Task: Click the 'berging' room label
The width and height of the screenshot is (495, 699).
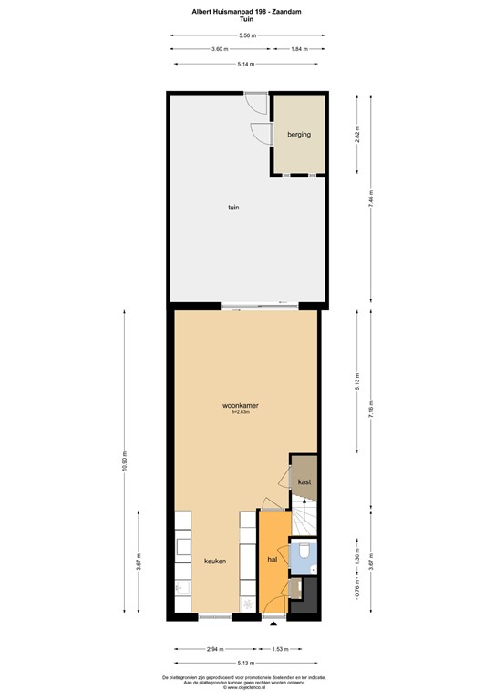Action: [299, 135]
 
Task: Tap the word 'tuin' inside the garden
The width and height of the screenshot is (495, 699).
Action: [234, 208]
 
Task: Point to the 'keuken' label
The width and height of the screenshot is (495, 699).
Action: [214, 562]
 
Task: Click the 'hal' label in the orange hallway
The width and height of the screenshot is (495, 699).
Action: [272, 561]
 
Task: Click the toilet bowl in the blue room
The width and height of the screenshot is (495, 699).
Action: [304, 550]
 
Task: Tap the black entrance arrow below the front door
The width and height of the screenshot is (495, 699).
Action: [273, 625]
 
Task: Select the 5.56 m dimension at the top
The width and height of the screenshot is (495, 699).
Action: [247, 35]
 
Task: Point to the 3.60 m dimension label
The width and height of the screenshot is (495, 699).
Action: [219, 49]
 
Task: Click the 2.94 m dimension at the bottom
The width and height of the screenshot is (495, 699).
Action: [213, 649]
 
